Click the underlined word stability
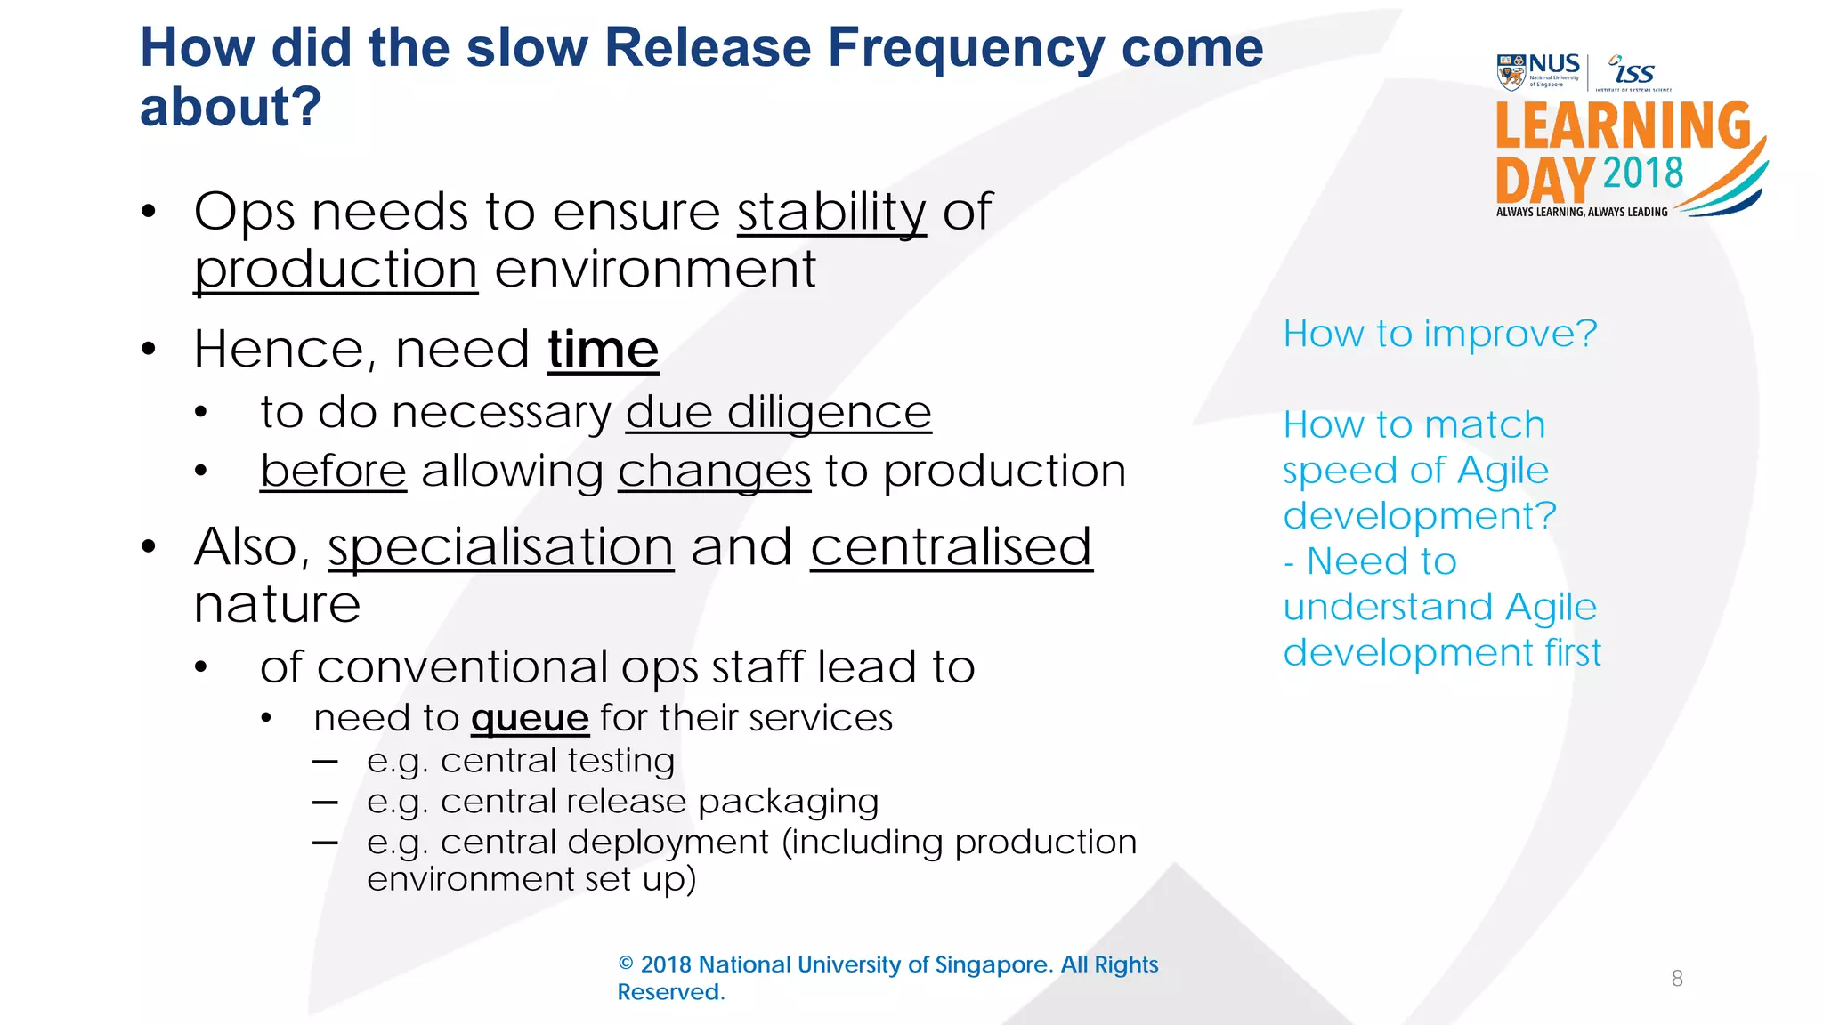click(x=831, y=213)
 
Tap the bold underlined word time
click(x=603, y=349)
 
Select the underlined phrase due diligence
click(x=778, y=412)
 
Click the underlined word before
click(x=333, y=471)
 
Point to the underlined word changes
click(x=714, y=472)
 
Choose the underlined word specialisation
click(x=500, y=546)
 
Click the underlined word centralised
click(x=951, y=546)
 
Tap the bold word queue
click(x=530, y=718)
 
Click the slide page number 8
click(x=1677, y=979)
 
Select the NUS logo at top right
click(x=1538, y=71)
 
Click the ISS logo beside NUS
click(x=1633, y=72)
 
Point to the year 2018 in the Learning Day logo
click(x=1643, y=173)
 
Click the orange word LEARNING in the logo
click(x=1623, y=125)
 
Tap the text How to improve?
click(x=1439, y=335)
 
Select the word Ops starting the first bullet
click(x=245, y=213)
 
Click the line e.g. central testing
click(x=521, y=761)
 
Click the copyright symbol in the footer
click(x=626, y=964)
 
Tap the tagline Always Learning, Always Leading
click(x=1582, y=212)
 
